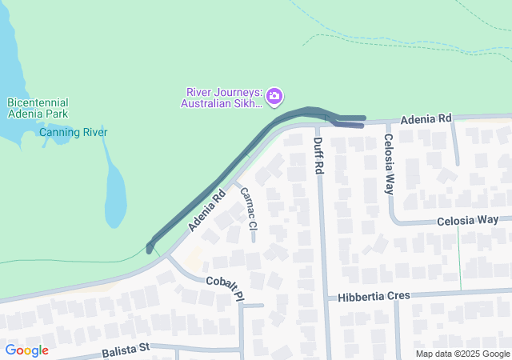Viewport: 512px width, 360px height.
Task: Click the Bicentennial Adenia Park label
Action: [x=38, y=108]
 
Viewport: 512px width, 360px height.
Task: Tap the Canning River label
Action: [x=73, y=132]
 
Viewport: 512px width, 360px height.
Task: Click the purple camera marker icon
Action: [x=274, y=96]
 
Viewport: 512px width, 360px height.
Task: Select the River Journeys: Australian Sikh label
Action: [x=221, y=97]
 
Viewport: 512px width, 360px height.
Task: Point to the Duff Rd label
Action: [x=318, y=156]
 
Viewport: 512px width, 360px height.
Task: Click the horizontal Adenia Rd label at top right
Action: [x=426, y=118]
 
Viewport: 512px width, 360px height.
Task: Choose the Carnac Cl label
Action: [x=247, y=214]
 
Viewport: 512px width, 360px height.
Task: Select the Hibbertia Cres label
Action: [x=374, y=296]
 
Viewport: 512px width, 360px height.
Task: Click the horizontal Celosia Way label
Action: [x=468, y=220]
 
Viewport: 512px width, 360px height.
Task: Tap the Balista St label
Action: [x=126, y=350]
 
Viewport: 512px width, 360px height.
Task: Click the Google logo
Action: [x=26, y=350]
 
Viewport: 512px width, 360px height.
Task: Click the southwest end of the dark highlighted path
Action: [x=150, y=248]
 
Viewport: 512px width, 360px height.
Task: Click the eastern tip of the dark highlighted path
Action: [x=364, y=118]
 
